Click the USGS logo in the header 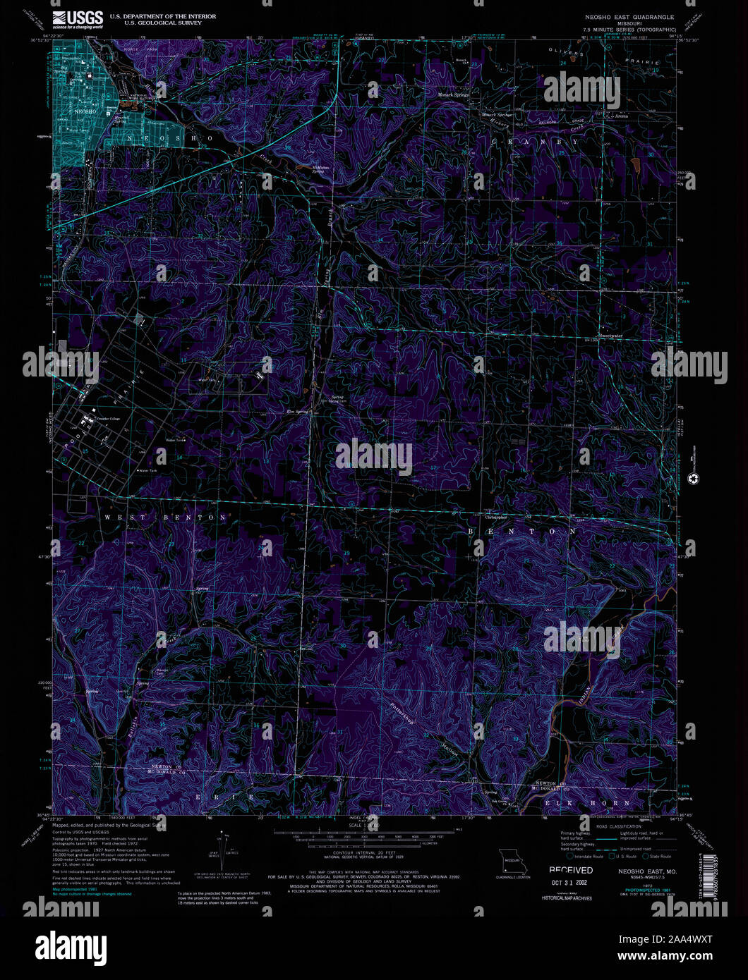tap(77, 19)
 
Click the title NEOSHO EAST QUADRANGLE tap(629, 16)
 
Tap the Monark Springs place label tap(453, 94)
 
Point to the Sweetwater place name tap(610, 336)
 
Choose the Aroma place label tap(620, 116)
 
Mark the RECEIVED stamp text tap(571, 871)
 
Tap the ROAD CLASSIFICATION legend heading tap(616, 824)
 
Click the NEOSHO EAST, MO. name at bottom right tap(647, 872)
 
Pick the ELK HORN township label tap(587, 803)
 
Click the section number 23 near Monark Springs tap(475, 65)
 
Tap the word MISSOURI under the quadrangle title tap(629, 23)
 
